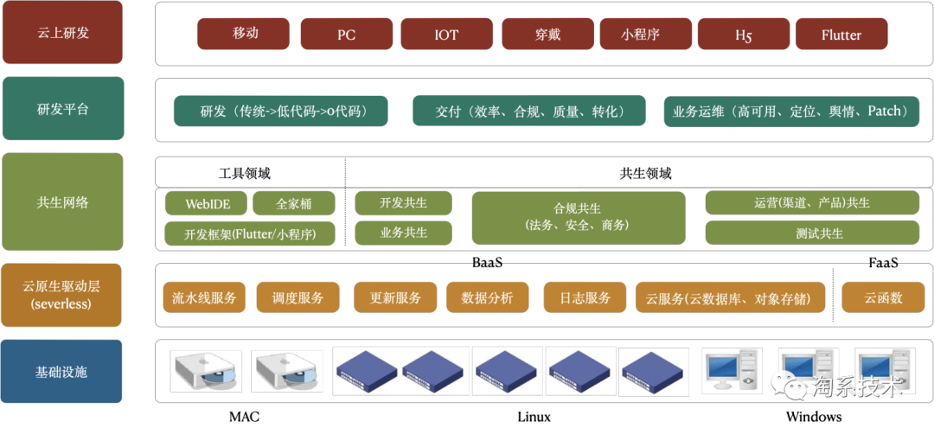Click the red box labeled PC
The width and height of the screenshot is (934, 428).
346,34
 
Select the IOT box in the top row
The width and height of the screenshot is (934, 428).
446,34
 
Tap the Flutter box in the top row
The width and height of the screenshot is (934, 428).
841,34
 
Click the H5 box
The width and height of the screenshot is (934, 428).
744,34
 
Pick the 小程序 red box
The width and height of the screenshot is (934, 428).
645,34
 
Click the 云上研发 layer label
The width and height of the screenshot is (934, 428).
62,32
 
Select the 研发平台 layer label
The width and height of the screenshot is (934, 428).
62,109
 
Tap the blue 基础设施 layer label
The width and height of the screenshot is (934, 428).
62,372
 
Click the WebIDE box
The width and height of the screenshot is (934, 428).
208,203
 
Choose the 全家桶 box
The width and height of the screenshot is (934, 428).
294,203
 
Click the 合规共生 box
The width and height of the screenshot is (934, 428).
579,218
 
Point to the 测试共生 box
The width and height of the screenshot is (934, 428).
812,233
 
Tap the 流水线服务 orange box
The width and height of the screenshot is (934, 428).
204,297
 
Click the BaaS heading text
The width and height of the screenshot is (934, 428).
487,262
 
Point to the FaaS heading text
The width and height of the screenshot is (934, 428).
883,262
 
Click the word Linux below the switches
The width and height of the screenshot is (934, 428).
534,416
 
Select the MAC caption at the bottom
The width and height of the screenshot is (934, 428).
244,416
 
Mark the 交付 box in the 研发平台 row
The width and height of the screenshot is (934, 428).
529,111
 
